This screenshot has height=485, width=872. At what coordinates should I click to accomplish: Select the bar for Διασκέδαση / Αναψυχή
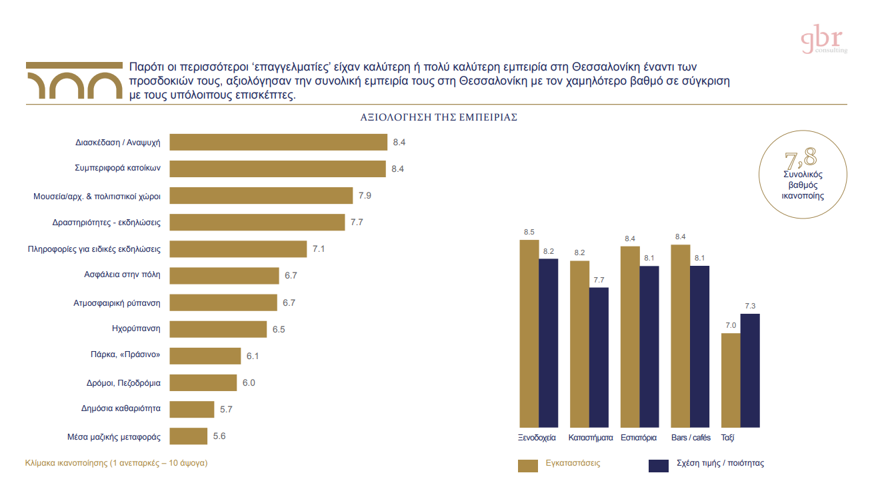coord(279,143)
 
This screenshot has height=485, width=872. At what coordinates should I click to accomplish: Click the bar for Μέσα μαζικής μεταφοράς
coord(189,436)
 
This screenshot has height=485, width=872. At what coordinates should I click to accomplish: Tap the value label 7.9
coord(365,196)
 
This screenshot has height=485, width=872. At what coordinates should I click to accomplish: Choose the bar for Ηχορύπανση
coord(218,329)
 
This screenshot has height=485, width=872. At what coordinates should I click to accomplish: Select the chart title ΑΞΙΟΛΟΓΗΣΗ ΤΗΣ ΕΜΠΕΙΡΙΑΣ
coord(439,117)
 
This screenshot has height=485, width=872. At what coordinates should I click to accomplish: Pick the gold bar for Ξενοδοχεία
coord(529,333)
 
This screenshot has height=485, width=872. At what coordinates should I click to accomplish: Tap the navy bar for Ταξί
coord(750,370)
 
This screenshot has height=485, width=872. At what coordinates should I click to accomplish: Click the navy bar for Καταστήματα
coord(599,356)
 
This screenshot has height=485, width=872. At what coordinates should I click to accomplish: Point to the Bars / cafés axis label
coord(691,438)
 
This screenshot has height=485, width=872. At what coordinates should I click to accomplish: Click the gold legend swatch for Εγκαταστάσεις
coord(528,465)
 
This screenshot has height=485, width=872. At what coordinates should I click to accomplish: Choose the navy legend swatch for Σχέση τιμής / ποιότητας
coord(659,465)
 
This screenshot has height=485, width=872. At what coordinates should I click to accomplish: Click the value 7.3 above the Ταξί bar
coord(750,306)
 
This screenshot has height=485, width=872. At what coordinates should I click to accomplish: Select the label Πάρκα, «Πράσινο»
coord(125,354)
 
